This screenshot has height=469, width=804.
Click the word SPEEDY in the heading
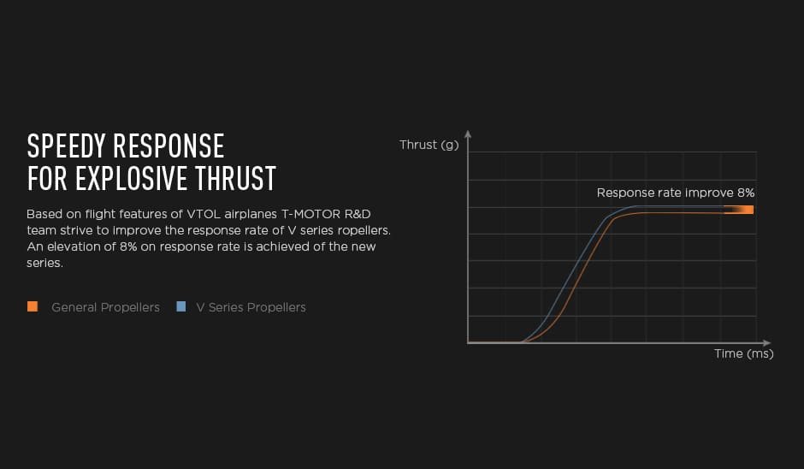tap(67, 146)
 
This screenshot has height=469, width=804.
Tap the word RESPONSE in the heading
tap(168, 146)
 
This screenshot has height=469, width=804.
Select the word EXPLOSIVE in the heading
tap(131, 179)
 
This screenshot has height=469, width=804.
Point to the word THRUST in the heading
tap(235, 179)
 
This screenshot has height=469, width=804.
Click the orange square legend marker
tap(33, 306)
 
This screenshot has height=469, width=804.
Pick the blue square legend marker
tap(181, 306)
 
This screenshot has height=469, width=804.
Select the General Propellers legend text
tap(105, 307)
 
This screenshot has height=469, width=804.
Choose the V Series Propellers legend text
tap(251, 307)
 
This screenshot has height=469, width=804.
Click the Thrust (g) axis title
tap(429, 145)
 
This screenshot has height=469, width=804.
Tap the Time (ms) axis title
tap(744, 353)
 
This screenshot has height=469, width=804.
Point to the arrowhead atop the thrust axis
tap(468, 134)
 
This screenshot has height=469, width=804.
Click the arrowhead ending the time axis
tap(766, 342)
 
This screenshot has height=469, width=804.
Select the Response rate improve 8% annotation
tap(676, 193)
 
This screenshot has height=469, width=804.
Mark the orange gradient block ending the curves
tap(738, 210)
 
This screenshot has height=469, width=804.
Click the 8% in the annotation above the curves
tap(746, 193)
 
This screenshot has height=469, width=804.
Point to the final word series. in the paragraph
tap(44, 264)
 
